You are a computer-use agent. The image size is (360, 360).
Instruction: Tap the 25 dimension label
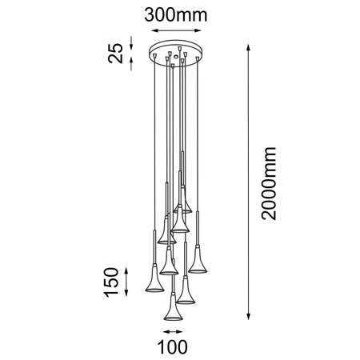pos(117,53)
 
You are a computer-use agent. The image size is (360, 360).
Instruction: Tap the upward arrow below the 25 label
pos(133,68)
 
